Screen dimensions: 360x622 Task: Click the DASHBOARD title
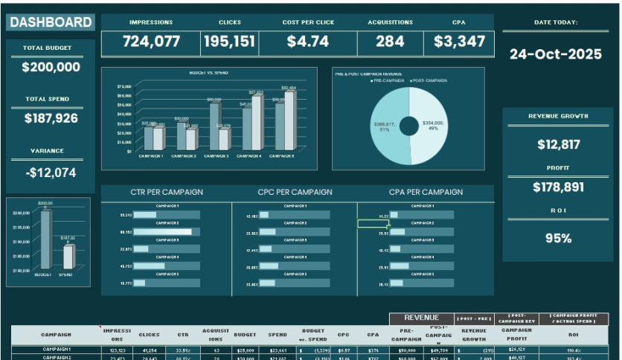(51, 22)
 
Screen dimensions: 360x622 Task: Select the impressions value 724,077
(152, 42)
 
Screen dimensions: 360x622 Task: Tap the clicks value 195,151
(229, 42)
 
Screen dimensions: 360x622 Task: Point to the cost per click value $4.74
(308, 42)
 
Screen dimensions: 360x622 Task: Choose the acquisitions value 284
(390, 42)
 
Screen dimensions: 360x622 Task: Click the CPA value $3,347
(459, 42)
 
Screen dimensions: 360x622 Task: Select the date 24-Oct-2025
(555, 54)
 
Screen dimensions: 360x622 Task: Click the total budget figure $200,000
(51, 68)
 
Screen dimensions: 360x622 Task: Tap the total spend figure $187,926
(51, 118)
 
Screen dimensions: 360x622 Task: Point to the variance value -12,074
(51, 173)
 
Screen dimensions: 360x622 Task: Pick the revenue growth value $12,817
(558, 144)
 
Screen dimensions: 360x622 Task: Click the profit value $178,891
(558, 187)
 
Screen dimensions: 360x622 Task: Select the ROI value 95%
(558, 239)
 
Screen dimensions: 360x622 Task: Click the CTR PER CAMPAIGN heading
(167, 192)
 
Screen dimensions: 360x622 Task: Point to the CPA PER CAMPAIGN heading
(426, 192)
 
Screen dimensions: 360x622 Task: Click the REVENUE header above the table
(421, 318)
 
